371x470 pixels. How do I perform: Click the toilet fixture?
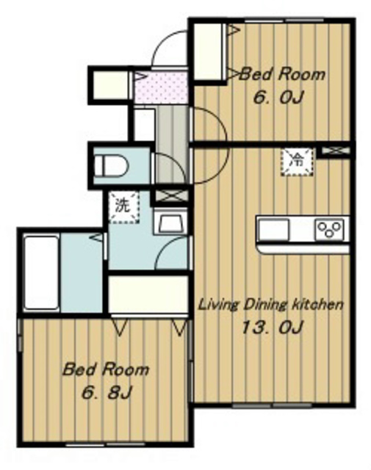pyautogui.click(x=111, y=165)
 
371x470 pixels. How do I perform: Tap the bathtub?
pyautogui.click(x=42, y=272)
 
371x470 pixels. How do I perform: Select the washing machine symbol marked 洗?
pyautogui.click(x=123, y=207)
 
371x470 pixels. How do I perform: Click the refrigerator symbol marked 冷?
pyautogui.click(x=297, y=162)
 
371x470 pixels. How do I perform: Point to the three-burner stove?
pyautogui.click(x=330, y=229)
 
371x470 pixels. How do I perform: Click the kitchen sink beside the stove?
pyautogui.click(x=274, y=229)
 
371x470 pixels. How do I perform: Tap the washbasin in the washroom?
pyautogui.click(x=170, y=223)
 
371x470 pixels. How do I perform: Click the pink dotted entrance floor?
pyautogui.click(x=161, y=86)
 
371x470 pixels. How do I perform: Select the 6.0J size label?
pyautogui.click(x=278, y=97)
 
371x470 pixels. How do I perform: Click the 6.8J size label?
pyautogui.click(x=107, y=393)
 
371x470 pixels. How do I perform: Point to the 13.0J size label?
pyautogui.click(x=271, y=327)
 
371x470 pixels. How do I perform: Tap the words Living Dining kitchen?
pyautogui.click(x=271, y=305)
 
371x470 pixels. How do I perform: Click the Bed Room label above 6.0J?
pyautogui.click(x=282, y=74)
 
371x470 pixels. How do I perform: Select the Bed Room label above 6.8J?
pyautogui.click(x=106, y=369)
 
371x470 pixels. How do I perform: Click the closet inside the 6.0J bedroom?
pyautogui.click(x=209, y=51)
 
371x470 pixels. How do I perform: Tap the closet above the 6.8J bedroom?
pyautogui.click(x=148, y=295)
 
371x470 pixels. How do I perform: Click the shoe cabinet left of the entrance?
pyautogui.click(x=111, y=84)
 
